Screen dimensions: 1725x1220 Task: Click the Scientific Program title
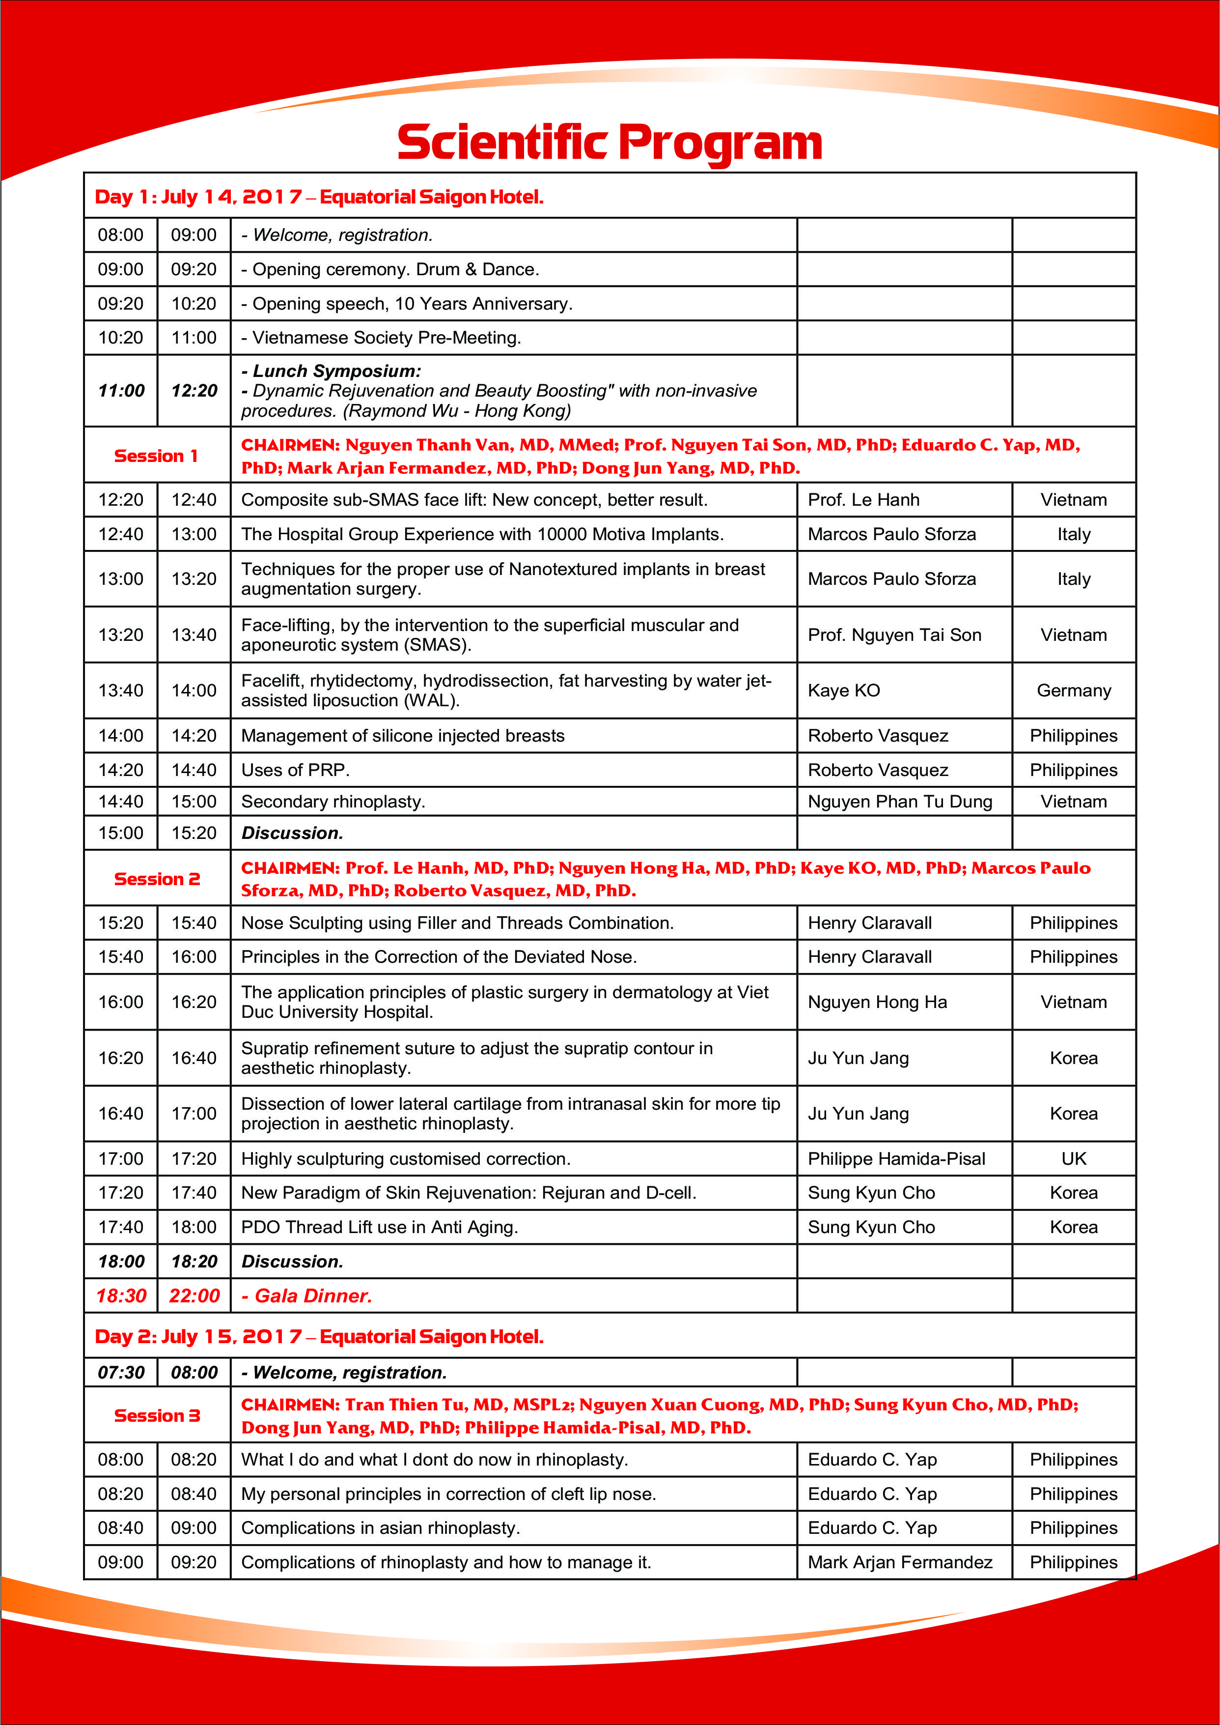609,143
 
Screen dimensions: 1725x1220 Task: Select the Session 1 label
156,456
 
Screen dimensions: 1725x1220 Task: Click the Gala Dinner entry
313,1296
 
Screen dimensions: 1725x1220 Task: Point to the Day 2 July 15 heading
319,1336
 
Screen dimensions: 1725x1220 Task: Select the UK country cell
1074,1158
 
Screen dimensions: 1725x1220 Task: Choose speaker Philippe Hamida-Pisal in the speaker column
896,1158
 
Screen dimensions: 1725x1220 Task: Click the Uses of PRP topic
295,770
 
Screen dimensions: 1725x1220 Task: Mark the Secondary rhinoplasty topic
333,801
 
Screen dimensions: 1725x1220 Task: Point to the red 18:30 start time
121,1296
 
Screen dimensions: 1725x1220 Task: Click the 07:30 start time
121,1373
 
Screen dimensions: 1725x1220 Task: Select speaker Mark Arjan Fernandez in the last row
900,1562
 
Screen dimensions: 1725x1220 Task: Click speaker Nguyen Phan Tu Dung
900,801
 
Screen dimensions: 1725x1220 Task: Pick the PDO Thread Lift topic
379,1227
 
